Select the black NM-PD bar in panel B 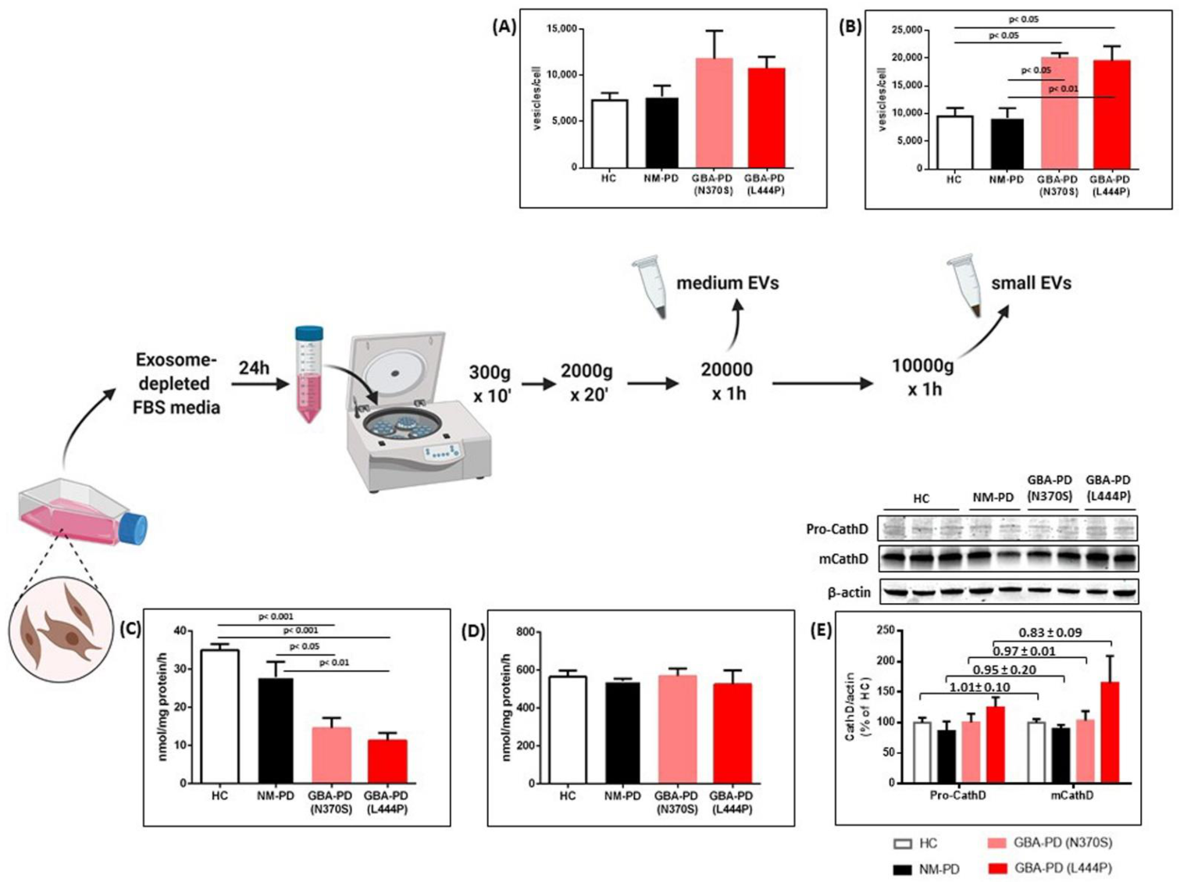[x=1007, y=144]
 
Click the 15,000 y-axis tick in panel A [x=561, y=29]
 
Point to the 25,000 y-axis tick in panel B [x=907, y=30]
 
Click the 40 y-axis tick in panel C [x=180, y=630]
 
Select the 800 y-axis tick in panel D [x=525, y=631]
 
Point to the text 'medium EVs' [x=727, y=283]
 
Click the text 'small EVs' [x=1031, y=283]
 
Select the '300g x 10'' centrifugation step [x=490, y=384]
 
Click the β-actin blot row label [x=848, y=592]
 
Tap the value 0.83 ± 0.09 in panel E [x=1050, y=632]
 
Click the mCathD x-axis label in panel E [x=1071, y=795]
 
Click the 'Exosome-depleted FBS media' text [x=176, y=384]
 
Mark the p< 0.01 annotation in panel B [x=1063, y=89]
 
